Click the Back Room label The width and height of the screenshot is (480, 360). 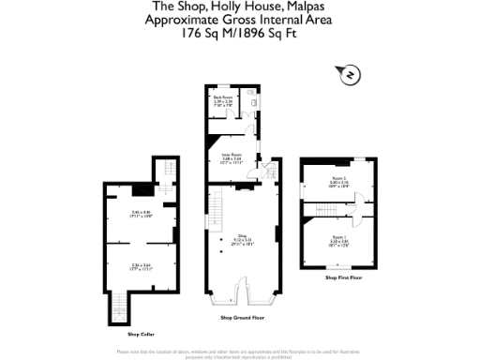click(x=222, y=99)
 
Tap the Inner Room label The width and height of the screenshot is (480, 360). click(x=232, y=157)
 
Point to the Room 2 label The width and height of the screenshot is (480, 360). click(x=338, y=180)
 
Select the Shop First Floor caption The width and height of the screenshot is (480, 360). click(x=344, y=278)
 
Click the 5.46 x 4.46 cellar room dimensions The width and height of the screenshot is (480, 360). click(x=141, y=215)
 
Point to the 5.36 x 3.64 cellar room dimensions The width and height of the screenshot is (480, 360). click(x=141, y=267)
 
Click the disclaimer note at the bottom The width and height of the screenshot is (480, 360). click(x=240, y=353)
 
